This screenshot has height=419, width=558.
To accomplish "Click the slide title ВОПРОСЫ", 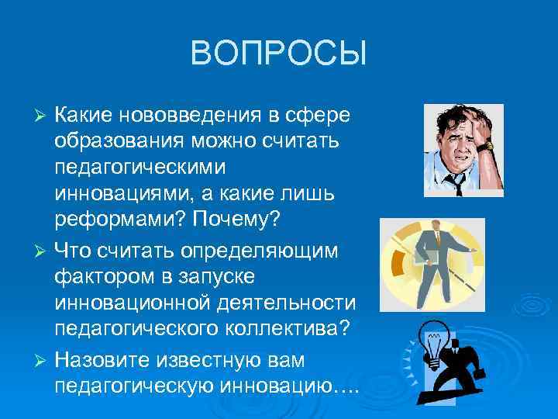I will pyautogui.click(x=278, y=54).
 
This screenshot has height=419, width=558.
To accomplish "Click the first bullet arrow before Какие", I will pyautogui.click(x=43, y=116).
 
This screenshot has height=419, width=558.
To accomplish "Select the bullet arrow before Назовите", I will pyautogui.click(x=43, y=362).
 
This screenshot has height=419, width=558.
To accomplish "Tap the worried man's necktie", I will pyautogui.click(x=458, y=182).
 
